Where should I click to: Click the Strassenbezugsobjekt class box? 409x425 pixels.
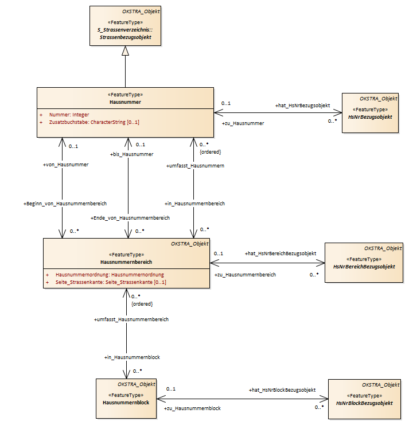tap(125, 26)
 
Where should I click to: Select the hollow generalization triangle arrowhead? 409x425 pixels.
tap(125, 50)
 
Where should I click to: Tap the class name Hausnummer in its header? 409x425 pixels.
tap(125, 102)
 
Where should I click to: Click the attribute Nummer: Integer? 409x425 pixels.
tap(69, 115)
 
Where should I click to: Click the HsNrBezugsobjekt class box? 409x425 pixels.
tap(370, 113)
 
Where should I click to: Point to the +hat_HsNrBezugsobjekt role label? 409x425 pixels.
tap(303, 106)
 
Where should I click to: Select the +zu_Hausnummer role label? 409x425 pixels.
tap(243, 123)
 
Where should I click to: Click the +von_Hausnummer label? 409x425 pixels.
tap(65, 165)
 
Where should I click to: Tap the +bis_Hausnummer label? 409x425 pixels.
tap(132, 154)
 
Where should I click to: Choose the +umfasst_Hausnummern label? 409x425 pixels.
tap(195, 166)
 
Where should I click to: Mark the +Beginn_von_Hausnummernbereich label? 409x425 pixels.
tap(65, 204)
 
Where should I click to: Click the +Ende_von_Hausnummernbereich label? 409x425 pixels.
tap(130, 218)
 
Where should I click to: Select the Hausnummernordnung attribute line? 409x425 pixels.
tap(110, 275)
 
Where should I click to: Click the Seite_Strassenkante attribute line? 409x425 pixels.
tap(111, 282)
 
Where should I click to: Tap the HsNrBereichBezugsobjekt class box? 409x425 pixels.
tap(364, 263)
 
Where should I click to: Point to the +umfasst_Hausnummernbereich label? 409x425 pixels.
tap(131, 319)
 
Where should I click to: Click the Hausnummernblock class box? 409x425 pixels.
tap(126, 399)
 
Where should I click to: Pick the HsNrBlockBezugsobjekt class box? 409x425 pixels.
tap(364, 399)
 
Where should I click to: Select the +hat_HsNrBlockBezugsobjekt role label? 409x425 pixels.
tap(282, 390)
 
